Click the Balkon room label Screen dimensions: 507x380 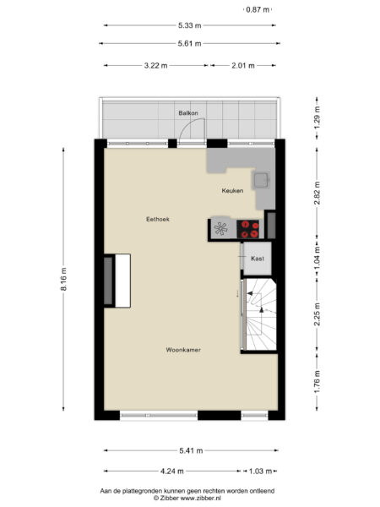[x=187, y=112]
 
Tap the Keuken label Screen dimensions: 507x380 [x=232, y=191]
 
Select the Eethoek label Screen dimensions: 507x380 [x=158, y=219]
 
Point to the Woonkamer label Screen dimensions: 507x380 [x=183, y=349]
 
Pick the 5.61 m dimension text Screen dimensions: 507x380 [x=189, y=43]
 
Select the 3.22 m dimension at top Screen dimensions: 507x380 [x=156, y=65]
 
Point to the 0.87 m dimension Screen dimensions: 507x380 [x=257, y=9]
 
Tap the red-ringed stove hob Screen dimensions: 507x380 [x=249, y=226]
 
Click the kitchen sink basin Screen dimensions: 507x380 [x=263, y=179]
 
